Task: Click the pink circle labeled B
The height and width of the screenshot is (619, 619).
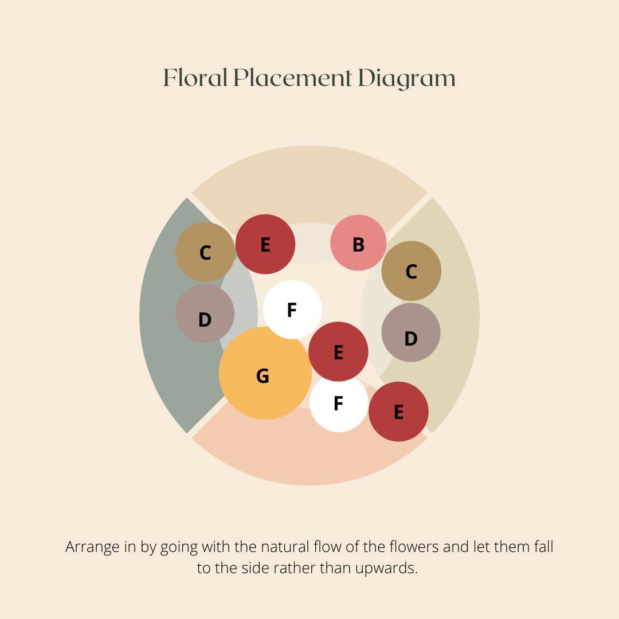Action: point(358,242)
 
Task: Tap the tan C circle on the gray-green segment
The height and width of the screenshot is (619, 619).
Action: point(205,252)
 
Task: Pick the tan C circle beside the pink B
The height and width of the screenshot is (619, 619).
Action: point(411,271)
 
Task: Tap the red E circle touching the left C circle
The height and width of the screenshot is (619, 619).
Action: point(265,244)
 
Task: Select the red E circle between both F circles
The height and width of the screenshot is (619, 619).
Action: point(338,351)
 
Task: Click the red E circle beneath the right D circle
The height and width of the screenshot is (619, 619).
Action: point(398,411)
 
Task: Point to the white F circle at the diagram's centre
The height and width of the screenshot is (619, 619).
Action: point(292,309)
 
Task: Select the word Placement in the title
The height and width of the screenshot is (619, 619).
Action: point(292,78)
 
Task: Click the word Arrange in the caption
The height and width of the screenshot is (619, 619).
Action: point(93,547)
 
